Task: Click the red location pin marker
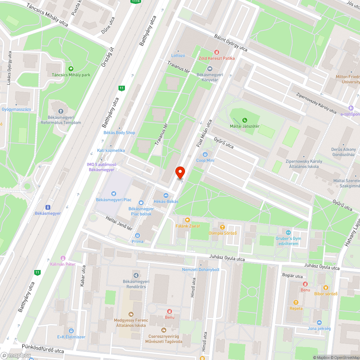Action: pyautogui.click(x=180, y=172)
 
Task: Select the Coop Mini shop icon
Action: pyautogui.click(x=206, y=154)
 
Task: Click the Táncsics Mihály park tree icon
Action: pyautogui.click(x=71, y=69)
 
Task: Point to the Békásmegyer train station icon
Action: pyautogui.click(x=48, y=207)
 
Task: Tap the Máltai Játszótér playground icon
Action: pyautogui.click(x=245, y=120)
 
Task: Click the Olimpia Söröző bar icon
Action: pyautogui.click(x=222, y=227)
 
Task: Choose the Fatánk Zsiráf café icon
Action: pyautogui.click(x=187, y=220)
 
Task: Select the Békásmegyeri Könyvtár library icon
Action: pyautogui.click(x=210, y=69)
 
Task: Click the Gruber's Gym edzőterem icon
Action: pyautogui.click(x=288, y=232)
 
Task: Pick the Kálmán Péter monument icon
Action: pyautogui.click(x=63, y=258)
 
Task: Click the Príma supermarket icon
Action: pyautogui.click(x=137, y=235)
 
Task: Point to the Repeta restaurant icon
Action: pyautogui.click(x=296, y=302)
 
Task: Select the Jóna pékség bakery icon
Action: pyautogui.click(x=319, y=322)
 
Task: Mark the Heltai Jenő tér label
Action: pyautogui.click(x=119, y=224)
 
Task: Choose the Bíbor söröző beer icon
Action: pyautogui.click(x=325, y=287)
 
